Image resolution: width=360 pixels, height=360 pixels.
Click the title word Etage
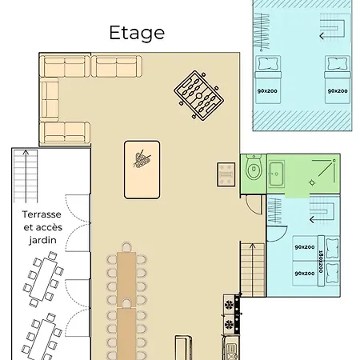(137, 34)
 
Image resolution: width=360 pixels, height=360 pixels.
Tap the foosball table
(199, 95)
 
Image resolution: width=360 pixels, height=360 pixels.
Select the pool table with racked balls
(142, 170)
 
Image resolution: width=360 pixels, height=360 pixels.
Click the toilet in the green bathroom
(254, 168)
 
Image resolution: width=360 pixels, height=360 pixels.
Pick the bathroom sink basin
(276, 174)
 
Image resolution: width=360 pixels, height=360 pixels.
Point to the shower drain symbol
(312, 182)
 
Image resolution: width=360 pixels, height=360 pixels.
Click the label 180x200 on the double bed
(321, 261)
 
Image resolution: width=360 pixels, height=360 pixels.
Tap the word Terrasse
(42, 214)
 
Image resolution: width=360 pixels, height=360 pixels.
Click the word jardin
(42, 240)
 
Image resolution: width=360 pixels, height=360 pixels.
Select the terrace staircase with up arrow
(26, 176)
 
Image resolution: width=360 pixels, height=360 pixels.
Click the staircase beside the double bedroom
(253, 270)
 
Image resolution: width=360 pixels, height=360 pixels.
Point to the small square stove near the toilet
(226, 174)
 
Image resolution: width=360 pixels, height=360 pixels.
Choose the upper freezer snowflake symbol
(229, 305)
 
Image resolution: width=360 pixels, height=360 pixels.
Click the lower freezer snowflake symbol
(229, 324)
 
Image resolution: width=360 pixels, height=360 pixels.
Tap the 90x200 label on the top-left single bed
(267, 91)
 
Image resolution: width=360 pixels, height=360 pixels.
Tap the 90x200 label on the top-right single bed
(338, 91)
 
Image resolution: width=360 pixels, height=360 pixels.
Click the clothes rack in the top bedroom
(262, 32)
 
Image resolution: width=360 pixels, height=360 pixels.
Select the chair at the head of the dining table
(126, 247)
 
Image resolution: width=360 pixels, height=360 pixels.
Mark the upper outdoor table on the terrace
(43, 278)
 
